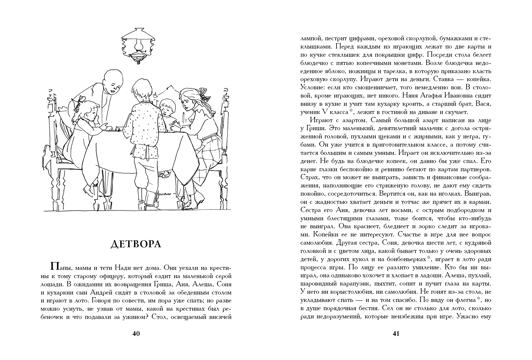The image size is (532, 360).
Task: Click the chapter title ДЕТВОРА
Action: pos(136,244)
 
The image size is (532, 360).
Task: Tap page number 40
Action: pos(136,333)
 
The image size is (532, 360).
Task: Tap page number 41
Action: pos(396,333)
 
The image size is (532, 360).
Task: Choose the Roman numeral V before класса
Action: pos(325,112)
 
